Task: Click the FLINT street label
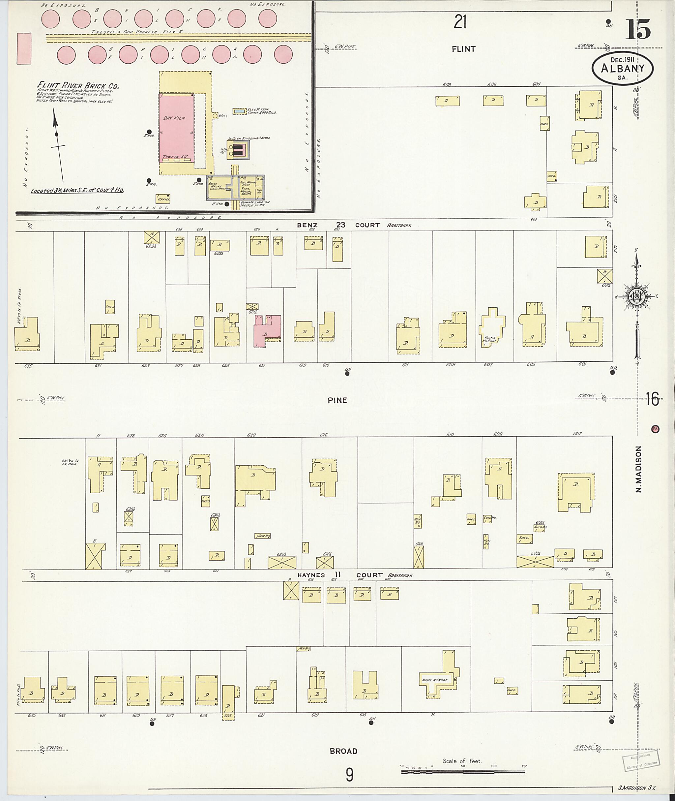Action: [463, 49]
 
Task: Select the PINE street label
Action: [337, 400]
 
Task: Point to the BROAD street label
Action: [343, 751]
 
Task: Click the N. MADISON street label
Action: [639, 469]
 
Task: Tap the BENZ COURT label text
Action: [339, 225]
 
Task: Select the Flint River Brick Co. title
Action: [78, 85]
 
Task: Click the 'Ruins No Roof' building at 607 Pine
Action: [492, 328]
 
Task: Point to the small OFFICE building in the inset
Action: [163, 199]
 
